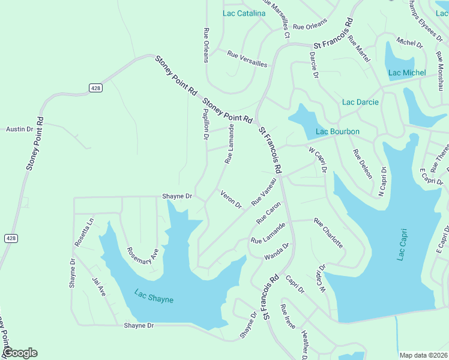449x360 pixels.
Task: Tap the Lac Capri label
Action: pos(402,244)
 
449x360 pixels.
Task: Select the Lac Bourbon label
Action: pos(337,132)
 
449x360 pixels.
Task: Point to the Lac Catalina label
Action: pos(244,13)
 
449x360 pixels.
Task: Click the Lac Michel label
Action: pos(407,73)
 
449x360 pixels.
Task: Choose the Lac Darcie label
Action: pos(360,102)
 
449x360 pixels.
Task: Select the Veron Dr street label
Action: pos(231,199)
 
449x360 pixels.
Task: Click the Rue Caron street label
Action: pos(268,213)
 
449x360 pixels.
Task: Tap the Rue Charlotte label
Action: pos(328,233)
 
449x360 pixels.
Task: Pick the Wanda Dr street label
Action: pos(277,251)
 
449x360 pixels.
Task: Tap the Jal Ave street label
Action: pos(98,286)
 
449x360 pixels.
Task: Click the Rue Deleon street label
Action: pos(363,164)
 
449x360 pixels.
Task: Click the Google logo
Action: pos(20,353)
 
